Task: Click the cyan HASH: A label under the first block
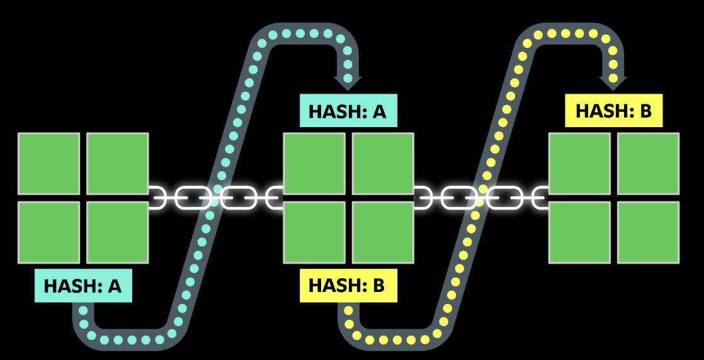pos(83,285)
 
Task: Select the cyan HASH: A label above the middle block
pos(348,111)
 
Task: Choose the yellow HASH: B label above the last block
pos(614,111)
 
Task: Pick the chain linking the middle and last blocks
pos(481,198)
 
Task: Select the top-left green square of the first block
pos(48,164)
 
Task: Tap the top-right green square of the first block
pos(117,164)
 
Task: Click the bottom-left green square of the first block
pos(48,232)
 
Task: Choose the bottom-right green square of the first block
pos(117,232)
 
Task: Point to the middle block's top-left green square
pos(314,164)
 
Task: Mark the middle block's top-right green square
pos(383,164)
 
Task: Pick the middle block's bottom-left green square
pos(314,232)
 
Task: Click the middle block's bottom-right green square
pos(383,232)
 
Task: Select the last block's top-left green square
pos(580,164)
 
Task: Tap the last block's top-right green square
pos(649,164)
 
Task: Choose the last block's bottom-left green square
pos(580,232)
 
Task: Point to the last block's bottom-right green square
pos(649,232)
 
